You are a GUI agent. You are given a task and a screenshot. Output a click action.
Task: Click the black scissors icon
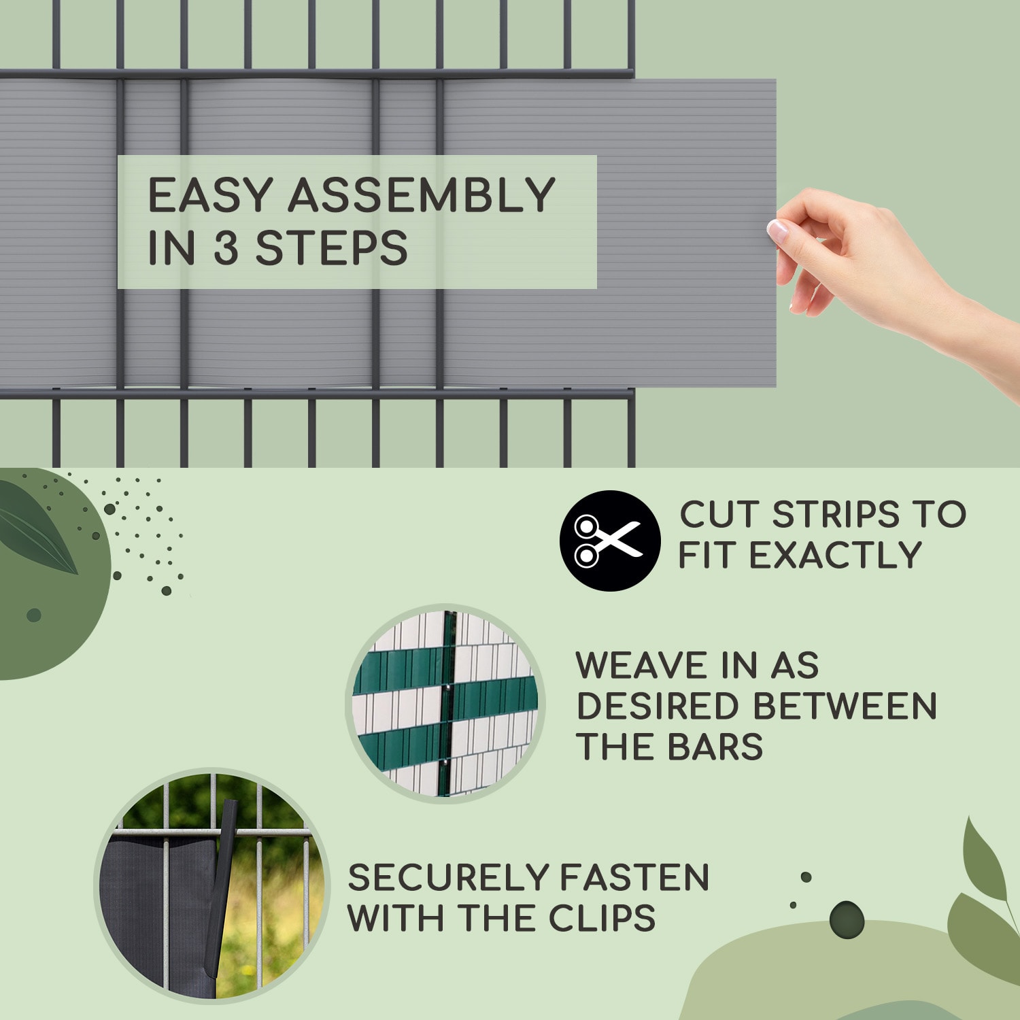click(x=610, y=541)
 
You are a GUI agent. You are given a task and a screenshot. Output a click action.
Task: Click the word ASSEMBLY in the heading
click(x=422, y=196)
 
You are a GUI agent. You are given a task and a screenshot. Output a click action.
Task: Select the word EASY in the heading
click(x=209, y=196)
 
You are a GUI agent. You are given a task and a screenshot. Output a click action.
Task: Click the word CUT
click(x=719, y=515)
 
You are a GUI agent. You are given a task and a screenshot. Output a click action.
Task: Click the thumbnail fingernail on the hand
click(x=776, y=230)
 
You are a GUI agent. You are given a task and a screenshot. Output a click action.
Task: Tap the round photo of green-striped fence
click(x=445, y=704)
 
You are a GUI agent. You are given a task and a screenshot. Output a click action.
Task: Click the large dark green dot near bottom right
click(x=847, y=919)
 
